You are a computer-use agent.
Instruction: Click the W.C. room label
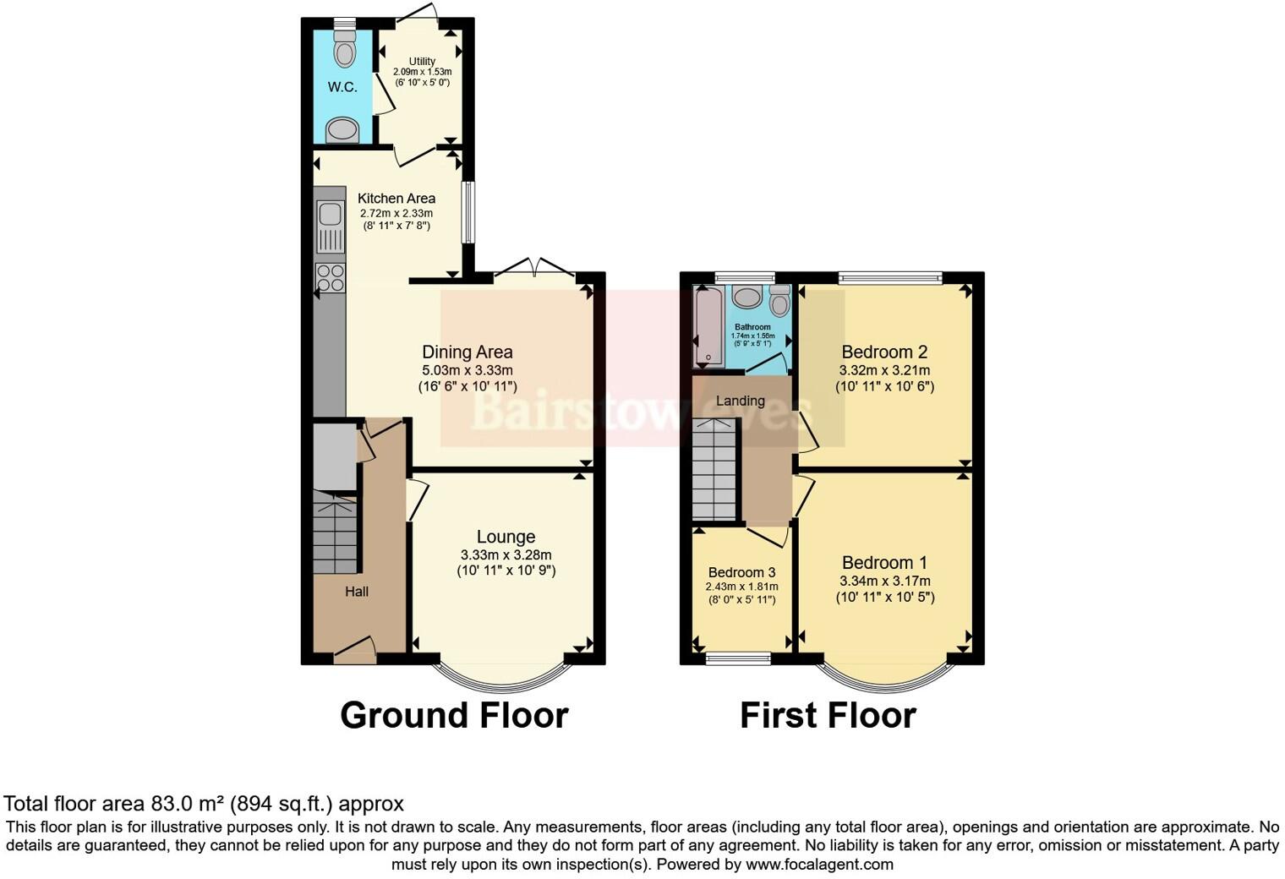(342, 87)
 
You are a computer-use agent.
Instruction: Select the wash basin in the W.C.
(342, 130)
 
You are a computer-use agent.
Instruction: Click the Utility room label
(422, 62)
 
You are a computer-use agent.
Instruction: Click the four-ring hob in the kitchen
(330, 277)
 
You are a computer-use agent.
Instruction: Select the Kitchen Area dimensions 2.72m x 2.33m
(396, 213)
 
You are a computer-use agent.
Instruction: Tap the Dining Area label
(468, 352)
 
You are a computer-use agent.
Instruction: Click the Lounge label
(506, 537)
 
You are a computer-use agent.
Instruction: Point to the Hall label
(357, 592)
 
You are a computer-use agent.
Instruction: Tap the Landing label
(741, 401)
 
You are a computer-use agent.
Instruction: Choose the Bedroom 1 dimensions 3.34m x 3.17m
(884, 581)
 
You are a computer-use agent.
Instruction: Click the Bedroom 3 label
(741, 572)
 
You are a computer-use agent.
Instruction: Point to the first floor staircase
(714, 469)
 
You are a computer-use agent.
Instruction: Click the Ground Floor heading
(454, 715)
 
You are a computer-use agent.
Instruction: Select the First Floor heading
(828, 715)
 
